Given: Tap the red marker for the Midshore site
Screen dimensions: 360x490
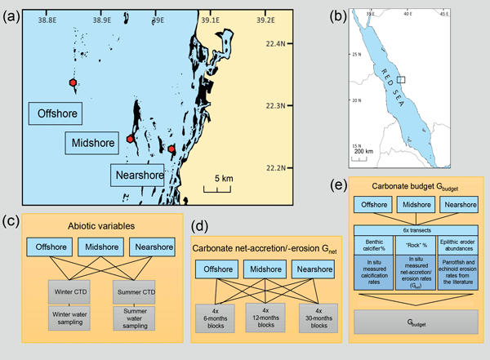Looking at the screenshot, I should pos(130,140).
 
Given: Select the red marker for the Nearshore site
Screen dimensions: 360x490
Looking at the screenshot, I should pos(171,149).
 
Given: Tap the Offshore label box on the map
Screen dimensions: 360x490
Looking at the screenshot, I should pos(55,113).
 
